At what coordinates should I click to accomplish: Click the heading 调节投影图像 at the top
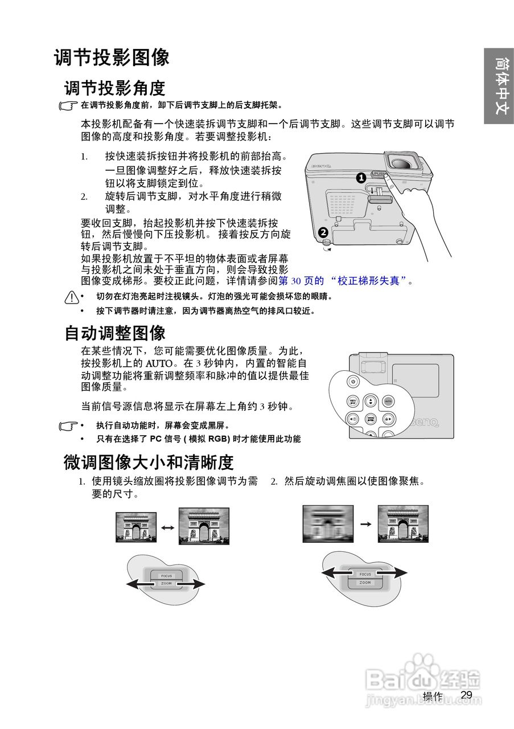(112, 58)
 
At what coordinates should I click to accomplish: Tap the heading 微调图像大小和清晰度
(149, 462)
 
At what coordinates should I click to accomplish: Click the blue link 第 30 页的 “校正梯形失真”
(344, 281)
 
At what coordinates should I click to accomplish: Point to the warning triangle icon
(71, 297)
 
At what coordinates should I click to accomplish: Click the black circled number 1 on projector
(360, 178)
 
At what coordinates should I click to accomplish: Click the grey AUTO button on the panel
(388, 401)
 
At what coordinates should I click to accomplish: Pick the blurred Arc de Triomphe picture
(327, 523)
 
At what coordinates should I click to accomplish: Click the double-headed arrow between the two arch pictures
(167, 527)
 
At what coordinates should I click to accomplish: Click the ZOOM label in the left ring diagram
(166, 584)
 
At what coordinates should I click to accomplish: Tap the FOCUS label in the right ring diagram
(365, 574)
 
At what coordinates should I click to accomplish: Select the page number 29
(467, 695)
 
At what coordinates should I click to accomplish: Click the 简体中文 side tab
(499, 85)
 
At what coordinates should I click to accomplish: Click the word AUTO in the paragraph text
(159, 363)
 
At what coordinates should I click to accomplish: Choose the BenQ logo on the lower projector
(423, 422)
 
